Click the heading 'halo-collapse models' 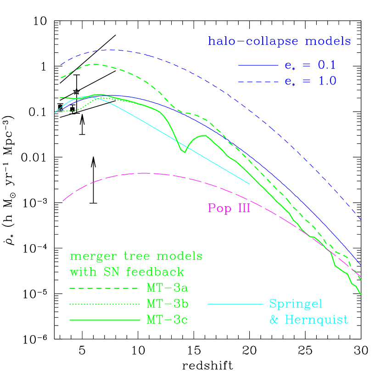280,41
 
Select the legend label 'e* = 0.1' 310,66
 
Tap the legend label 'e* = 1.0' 310,81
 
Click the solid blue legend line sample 258,66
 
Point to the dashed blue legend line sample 258,82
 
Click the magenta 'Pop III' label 229,208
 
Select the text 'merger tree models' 136,256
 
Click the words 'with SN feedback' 127,272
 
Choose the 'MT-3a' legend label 167,288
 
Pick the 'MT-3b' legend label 167,304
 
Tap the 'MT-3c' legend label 167,319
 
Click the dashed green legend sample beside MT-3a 104,289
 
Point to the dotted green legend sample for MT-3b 104,304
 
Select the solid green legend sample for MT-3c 104,319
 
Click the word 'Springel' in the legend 296,304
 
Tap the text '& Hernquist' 308,319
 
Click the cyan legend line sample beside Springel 235,304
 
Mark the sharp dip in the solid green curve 185,152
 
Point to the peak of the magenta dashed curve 145,173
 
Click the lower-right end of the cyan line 249,184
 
